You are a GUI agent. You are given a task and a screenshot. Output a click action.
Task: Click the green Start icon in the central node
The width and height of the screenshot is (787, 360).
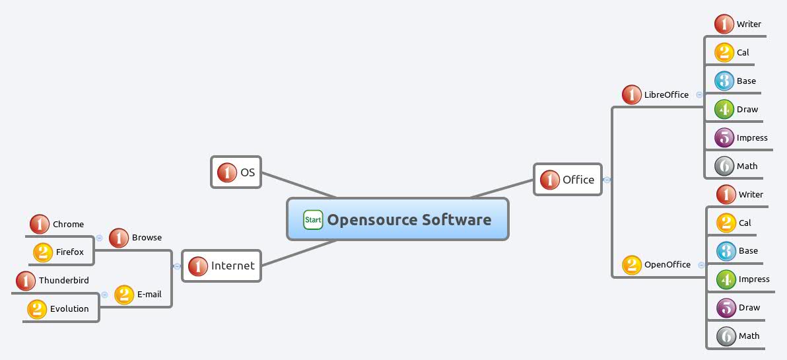coord(313,219)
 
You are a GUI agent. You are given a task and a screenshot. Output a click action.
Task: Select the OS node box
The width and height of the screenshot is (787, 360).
coord(236,172)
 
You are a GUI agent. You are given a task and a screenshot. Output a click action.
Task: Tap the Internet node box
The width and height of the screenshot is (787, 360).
coord(221,266)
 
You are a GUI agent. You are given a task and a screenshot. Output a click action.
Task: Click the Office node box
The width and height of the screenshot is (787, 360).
coord(568,180)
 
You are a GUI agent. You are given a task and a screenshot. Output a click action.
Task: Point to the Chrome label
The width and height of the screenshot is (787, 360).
coord(68,225)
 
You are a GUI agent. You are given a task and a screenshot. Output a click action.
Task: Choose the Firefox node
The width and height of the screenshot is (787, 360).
coord(62,252)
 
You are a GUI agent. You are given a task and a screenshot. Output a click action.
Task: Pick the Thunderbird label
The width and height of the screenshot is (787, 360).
coord(63,281)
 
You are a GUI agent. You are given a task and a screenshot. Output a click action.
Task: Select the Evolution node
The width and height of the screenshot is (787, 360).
coord(61,308)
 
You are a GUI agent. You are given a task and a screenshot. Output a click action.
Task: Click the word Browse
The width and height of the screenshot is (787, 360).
coord(147,238)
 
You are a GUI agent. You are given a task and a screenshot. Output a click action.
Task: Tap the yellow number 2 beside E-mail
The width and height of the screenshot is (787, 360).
coord(124,295)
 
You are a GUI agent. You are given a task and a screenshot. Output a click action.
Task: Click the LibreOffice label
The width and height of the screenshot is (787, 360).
coord(666,95)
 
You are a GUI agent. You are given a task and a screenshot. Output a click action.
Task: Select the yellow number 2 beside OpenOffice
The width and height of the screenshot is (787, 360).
coord(632,265)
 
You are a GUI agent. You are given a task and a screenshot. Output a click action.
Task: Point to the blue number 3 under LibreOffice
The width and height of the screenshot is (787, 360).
coord(724,81)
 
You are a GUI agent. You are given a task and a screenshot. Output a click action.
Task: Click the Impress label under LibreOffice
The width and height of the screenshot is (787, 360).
coord(752,138)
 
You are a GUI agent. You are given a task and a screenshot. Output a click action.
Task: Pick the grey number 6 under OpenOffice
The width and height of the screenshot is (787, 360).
coord(726,336)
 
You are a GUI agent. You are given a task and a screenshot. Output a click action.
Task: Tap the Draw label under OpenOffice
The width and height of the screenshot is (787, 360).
coord(749,308)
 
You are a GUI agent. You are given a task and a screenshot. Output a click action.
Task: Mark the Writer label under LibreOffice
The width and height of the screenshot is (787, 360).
coord(749,24)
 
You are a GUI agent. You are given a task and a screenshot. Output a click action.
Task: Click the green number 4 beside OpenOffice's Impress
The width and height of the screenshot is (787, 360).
coord(726,279)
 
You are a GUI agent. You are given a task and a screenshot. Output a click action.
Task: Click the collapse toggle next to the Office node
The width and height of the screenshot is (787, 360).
coord(607,180)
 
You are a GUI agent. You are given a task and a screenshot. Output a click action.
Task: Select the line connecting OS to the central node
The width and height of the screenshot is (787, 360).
coord(298,186)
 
